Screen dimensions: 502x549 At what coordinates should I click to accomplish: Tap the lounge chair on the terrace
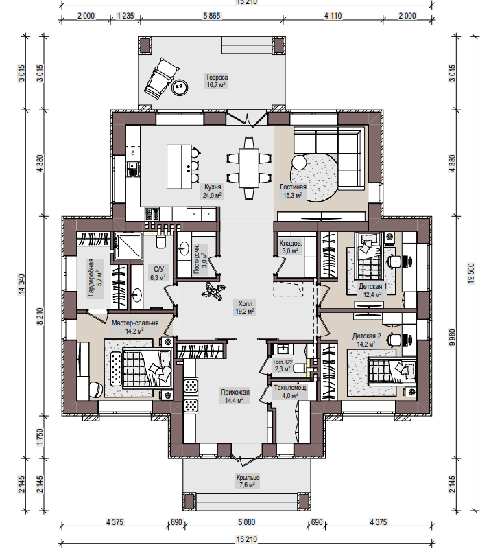click(161, 78)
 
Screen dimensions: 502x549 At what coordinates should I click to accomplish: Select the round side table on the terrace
click(180, 87)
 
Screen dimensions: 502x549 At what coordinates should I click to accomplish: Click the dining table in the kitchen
click(249, 168)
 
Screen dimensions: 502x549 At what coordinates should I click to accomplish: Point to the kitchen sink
click(132, 169)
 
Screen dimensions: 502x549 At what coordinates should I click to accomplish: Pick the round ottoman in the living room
click(300, 163)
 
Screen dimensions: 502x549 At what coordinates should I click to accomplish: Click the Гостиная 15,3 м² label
click(293, 191)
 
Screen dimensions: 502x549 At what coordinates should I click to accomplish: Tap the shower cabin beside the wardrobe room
click(128, 247)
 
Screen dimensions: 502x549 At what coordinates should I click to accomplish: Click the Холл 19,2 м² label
click(245, 307)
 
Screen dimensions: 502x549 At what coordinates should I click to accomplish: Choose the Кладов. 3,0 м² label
click(290, 246)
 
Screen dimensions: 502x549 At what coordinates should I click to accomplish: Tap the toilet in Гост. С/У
click(300, 368)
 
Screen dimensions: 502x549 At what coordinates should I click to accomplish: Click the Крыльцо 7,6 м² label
click(248, 481)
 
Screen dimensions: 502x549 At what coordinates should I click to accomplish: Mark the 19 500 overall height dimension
click(471, 273)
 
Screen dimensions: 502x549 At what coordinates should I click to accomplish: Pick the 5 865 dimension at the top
click(212, 16)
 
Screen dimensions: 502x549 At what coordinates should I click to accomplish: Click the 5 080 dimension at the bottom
click(247, 522)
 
